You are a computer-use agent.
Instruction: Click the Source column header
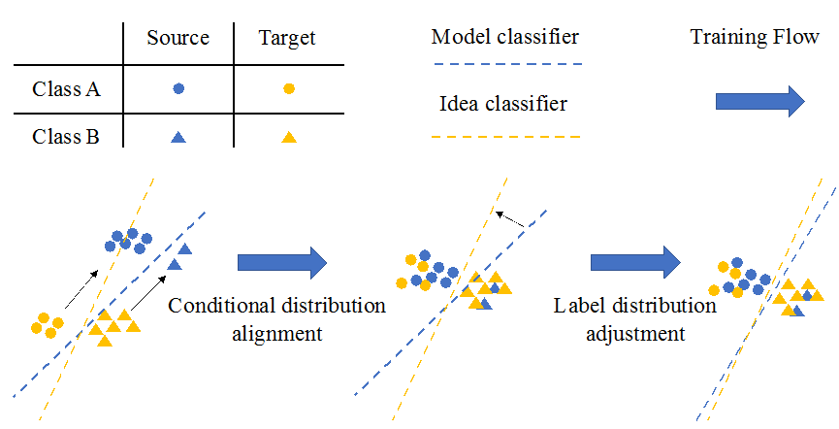pos(177,39)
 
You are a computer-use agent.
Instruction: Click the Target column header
pos(287,39)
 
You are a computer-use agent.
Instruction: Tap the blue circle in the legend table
pos(177,88)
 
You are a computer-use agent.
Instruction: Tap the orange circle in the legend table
pos(288,88)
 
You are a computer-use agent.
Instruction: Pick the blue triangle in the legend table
pos(177,138)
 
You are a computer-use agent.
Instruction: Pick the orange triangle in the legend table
pos(288,138)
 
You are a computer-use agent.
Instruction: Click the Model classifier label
pos(504,38)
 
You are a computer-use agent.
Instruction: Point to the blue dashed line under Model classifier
pos(505,65)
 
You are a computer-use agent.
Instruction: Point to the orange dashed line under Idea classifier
pos(505,138)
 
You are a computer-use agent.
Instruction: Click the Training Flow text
pos(755,38)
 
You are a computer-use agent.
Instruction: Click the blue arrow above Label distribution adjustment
pos(636,262)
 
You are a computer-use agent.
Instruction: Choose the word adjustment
pos(635,334)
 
